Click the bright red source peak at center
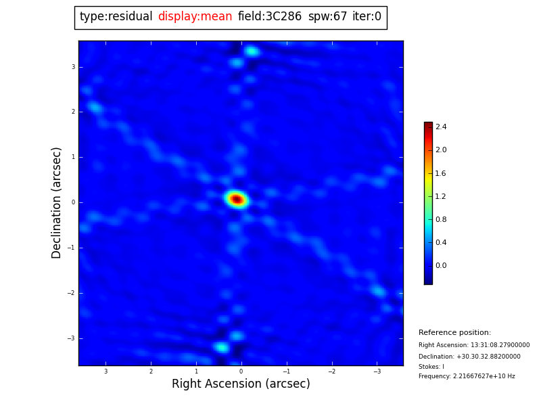(237, 199)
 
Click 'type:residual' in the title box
(116, 17)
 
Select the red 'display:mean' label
(195, 17)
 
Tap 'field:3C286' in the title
(270, 17)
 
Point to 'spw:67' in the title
(327, 17)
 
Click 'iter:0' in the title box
(367, 17)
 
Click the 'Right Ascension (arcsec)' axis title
(241, 384)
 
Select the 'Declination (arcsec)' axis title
(57, 202)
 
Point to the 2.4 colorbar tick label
(441, 127)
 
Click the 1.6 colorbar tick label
(441, 173)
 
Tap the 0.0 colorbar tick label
(441, 266)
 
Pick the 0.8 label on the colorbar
(441, 220)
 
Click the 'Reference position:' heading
(454, 333)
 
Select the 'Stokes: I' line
(431, 367)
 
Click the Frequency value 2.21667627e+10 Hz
(467, 376)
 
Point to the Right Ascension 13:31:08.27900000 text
(474, 345)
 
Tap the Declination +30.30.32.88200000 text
(469, 357)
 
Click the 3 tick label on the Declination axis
(73, 67)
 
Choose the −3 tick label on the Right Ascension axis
(377, 371)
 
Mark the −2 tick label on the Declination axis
(72, 293)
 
